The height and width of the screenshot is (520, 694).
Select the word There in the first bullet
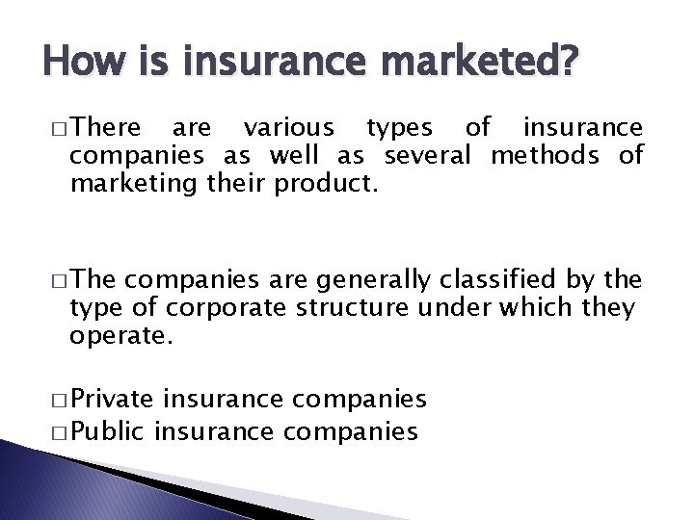tap(106, 127)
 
